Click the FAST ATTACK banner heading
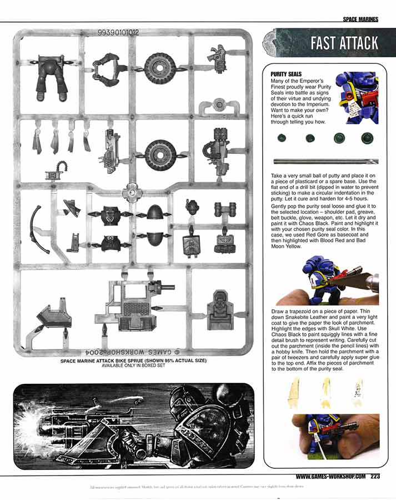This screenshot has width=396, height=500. click(344, 43)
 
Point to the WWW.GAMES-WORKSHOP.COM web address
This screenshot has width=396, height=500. click(330, 476)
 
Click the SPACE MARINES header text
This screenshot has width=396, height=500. click(360, 19)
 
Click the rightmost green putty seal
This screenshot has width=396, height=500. click(366, 138)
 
